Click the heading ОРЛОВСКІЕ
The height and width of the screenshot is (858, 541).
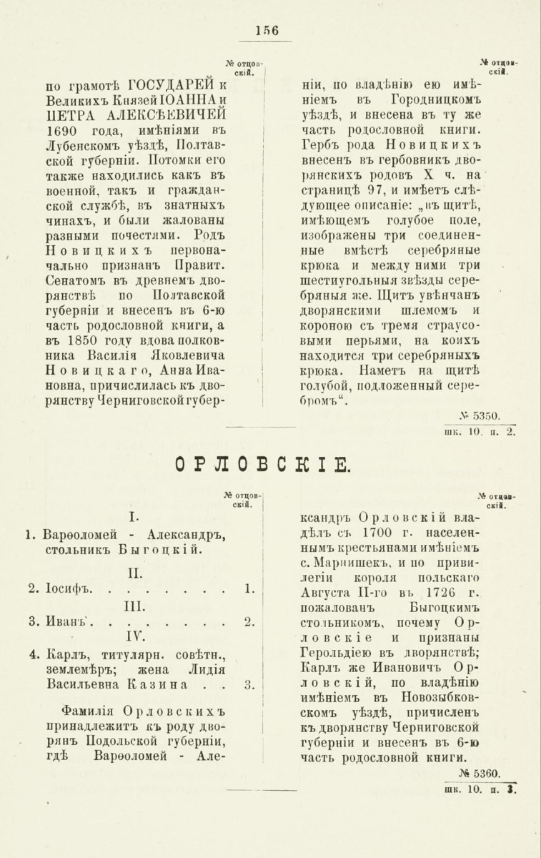pyautogui.click(x=262, y=465)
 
